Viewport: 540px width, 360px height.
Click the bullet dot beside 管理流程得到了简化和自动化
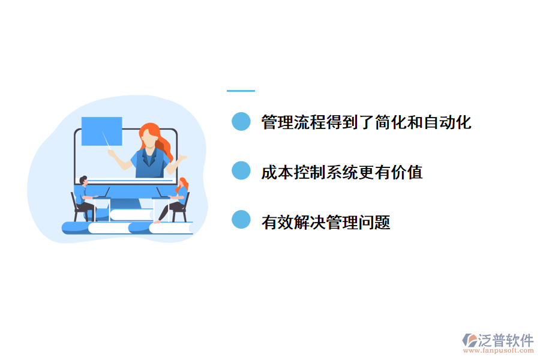tap(241, 122)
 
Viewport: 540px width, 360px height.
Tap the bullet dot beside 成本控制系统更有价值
tap(241, 172)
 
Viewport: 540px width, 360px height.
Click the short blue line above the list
tap(241, 91)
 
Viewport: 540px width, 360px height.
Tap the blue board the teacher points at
tap(101, 131)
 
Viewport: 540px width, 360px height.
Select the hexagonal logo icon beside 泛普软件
tap(469, 340)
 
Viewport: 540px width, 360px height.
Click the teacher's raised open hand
tap(181, 158)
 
